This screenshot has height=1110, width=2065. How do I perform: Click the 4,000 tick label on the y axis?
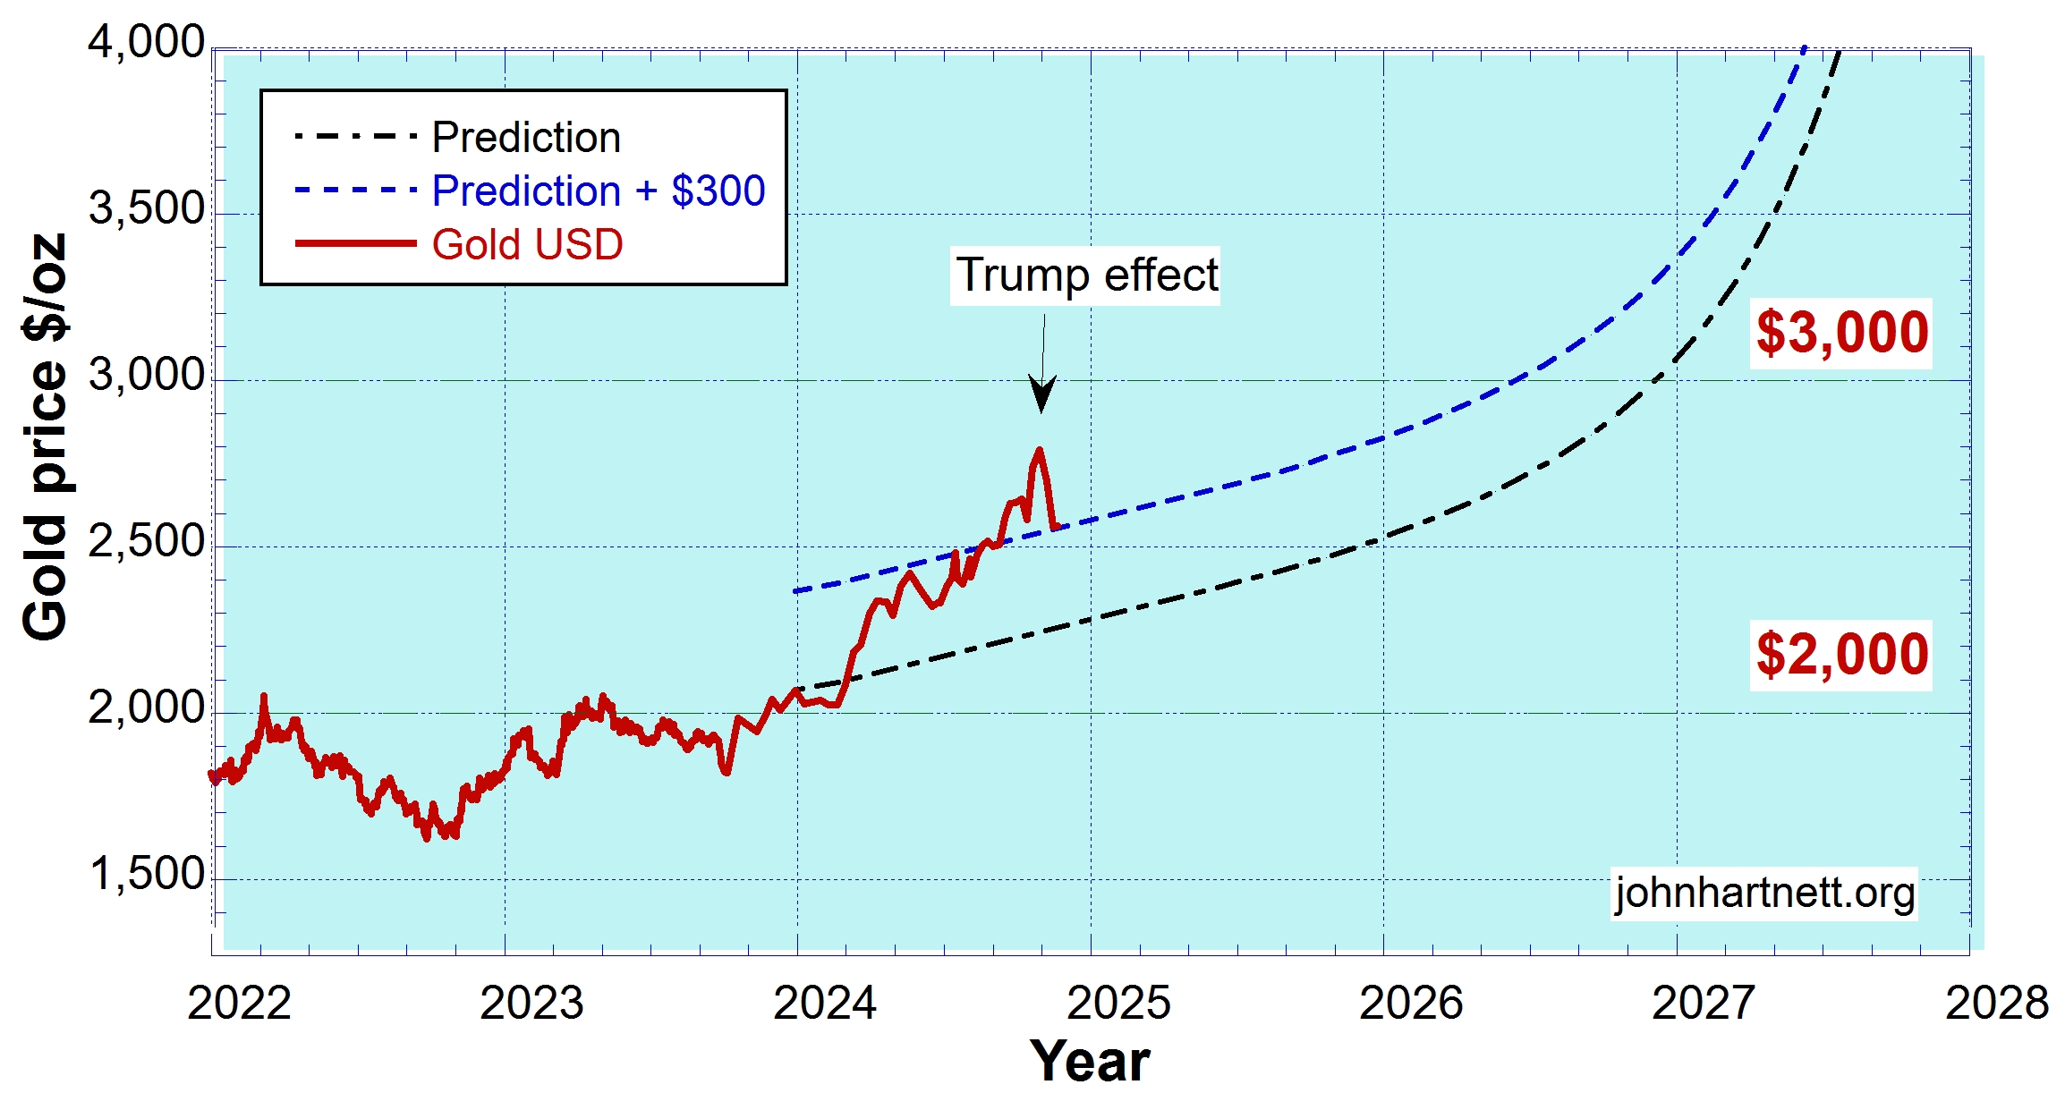click(147, 42)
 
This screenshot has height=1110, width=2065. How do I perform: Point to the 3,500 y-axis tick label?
click(147, 208)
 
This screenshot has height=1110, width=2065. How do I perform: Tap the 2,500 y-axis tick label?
click(147, 541)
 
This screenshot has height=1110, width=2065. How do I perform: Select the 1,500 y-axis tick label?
click(147, 874)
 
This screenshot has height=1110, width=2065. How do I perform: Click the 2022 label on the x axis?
click(239, 1003)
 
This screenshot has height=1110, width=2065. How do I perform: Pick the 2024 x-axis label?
click(825, 1003)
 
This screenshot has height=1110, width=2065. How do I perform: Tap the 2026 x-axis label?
click(1411, 1003)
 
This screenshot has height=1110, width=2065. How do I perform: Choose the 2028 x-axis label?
click(1997, 1003)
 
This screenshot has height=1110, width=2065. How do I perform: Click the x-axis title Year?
click(1089, 1062)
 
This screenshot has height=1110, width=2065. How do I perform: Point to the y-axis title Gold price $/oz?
click(45, 436)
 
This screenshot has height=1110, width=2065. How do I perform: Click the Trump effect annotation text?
click(1086, 275)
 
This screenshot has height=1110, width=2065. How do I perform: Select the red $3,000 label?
click(1841, 333)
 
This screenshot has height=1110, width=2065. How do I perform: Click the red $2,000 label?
click(1841, 655)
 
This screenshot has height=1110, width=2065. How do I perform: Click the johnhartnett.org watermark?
click(1764, 893)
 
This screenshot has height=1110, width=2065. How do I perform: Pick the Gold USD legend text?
click(527, 244)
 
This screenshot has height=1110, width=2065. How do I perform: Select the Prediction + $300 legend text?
click(599, 191)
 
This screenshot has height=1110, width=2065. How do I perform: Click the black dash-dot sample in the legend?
click(355, 137)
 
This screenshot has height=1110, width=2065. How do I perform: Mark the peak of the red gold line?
click(1039, 449)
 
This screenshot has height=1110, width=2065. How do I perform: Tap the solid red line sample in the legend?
click(355, 243)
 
